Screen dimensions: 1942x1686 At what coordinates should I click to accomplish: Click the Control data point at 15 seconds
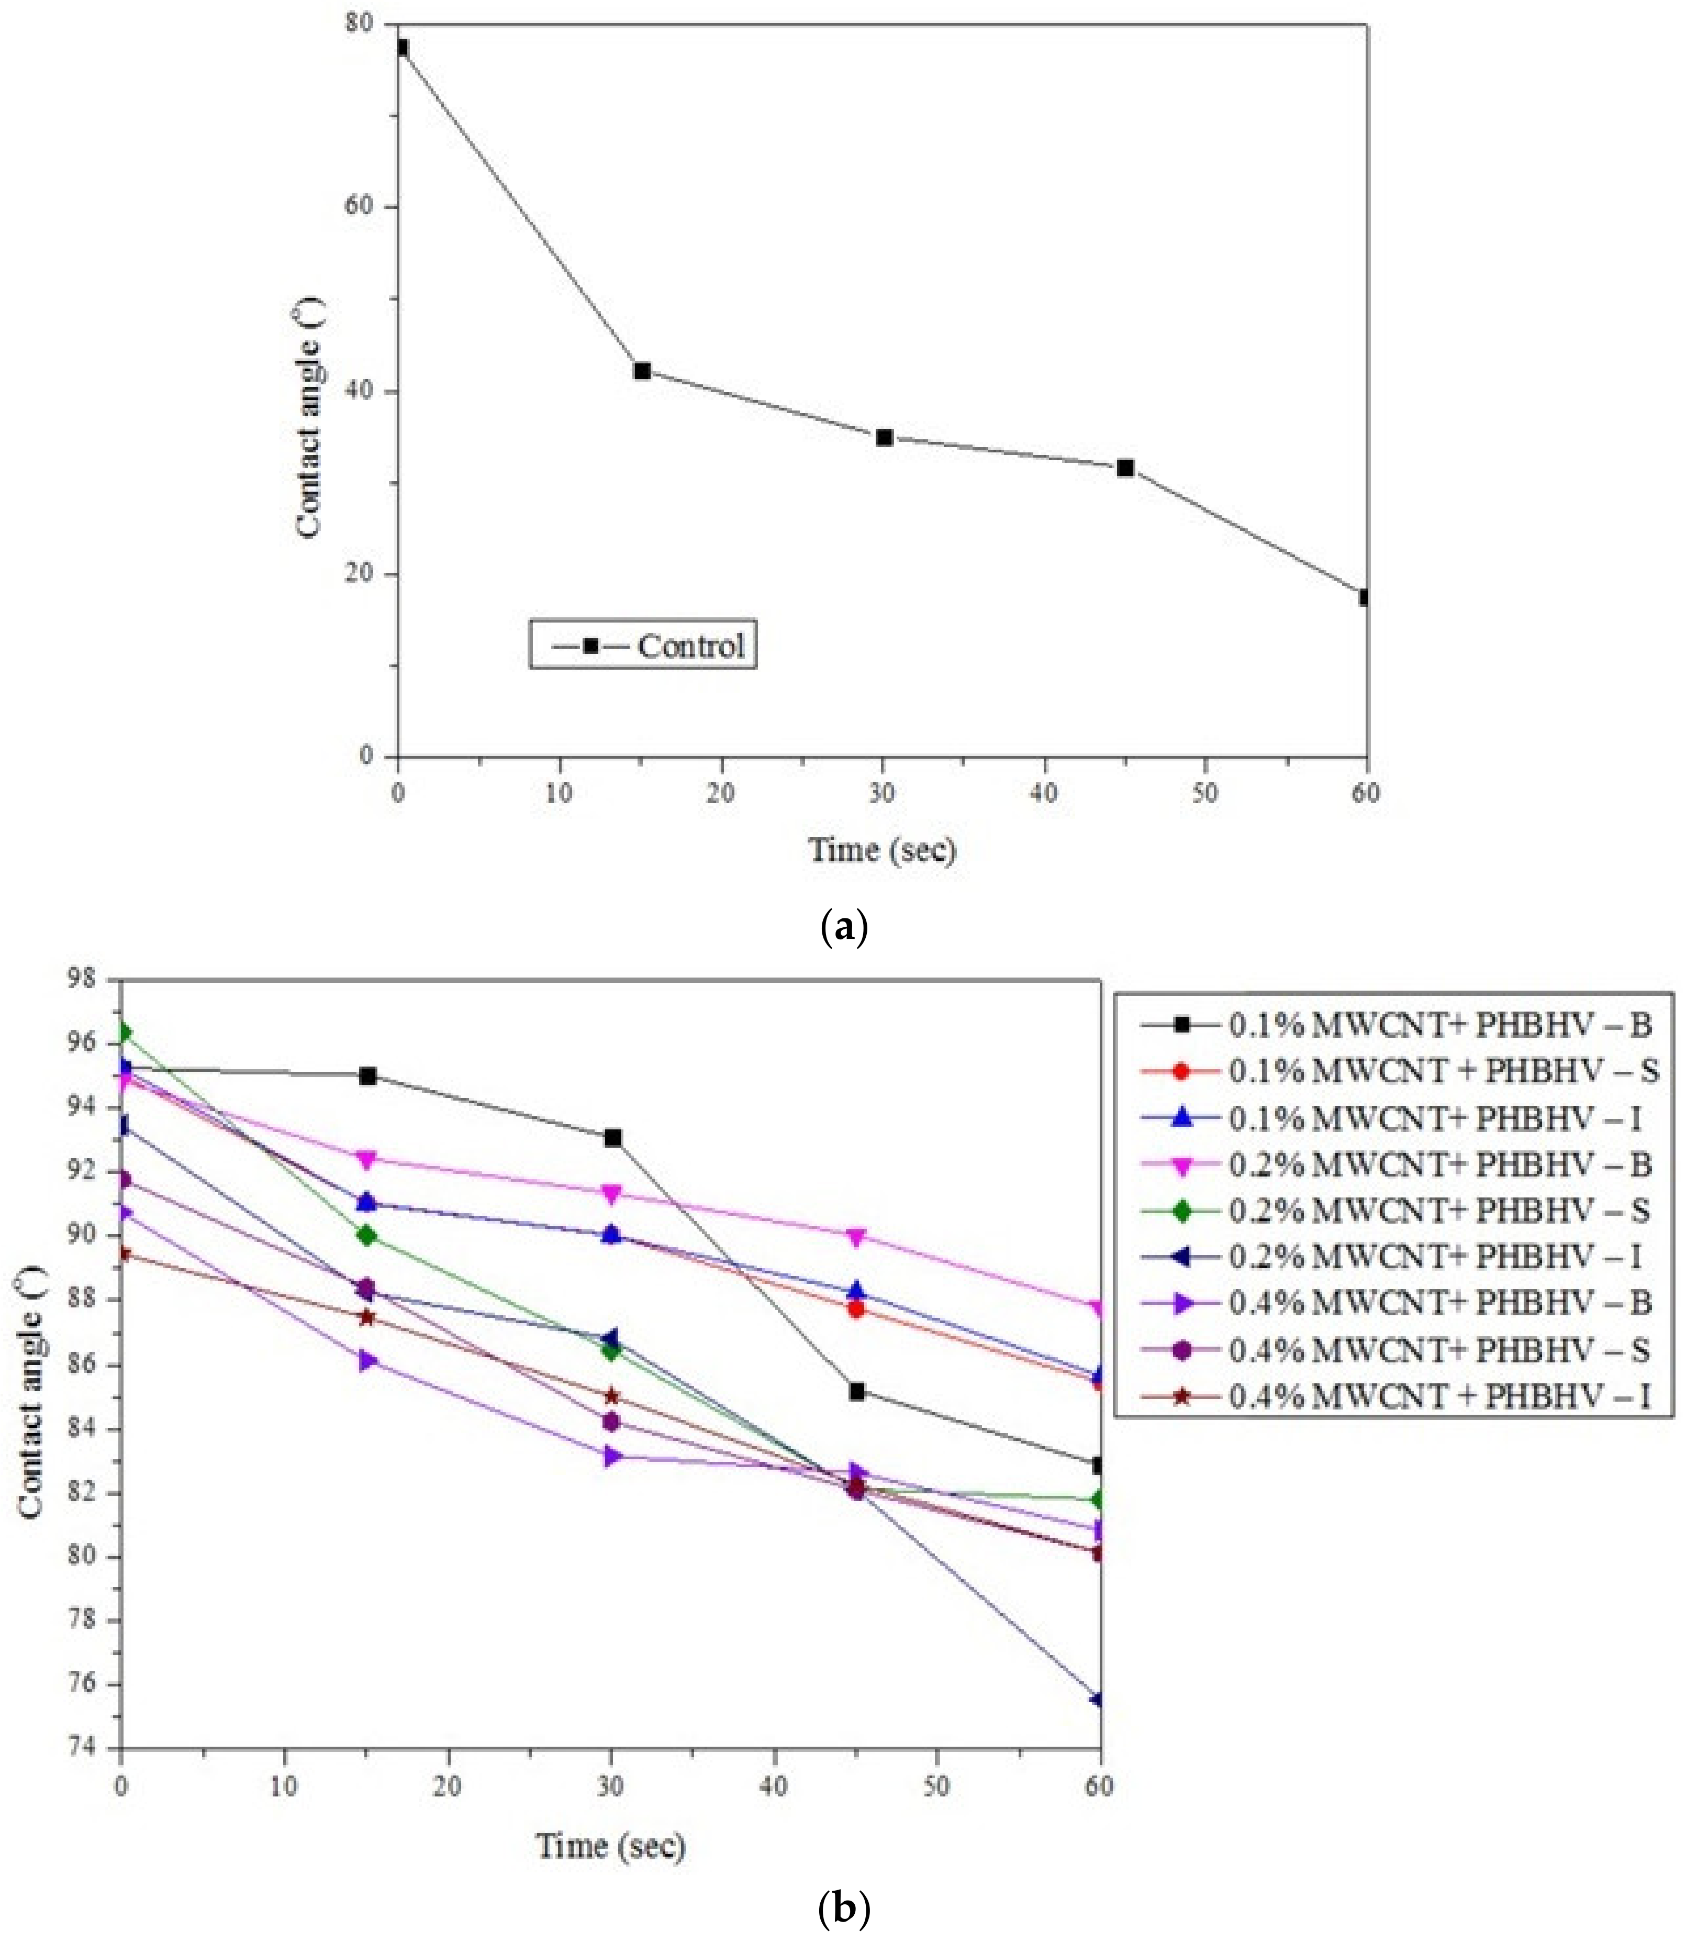pyautogui.click(x=642, y=371)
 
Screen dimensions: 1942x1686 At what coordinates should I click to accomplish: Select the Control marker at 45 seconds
pyautogui.click(x=1125, y=468)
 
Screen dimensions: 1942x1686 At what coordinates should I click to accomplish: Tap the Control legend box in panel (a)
pyautogui.click(x=643, y=645)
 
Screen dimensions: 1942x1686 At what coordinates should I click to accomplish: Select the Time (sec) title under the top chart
pyautogui.click(x=883, y=850)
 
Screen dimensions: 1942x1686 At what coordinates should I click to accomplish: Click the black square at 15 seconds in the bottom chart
pyautogui.click(x=368, y=1075)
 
